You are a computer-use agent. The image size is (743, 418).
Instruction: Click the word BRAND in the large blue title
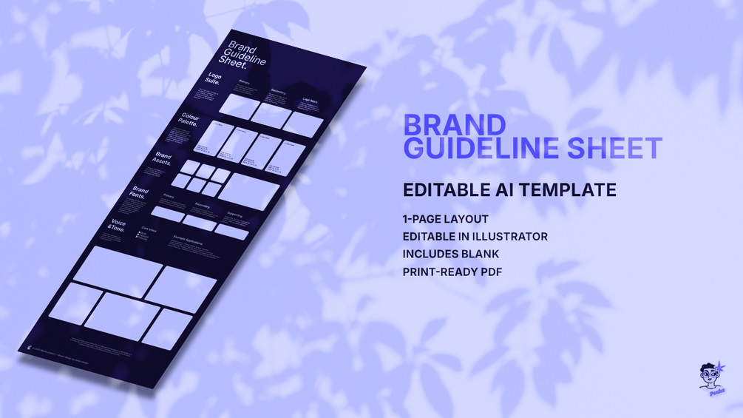point(454,124)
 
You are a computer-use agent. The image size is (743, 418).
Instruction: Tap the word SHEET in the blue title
point(614,148)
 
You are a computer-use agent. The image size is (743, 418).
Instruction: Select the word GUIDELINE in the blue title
point(481,148)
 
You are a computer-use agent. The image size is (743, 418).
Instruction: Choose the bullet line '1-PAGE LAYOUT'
point(445,219)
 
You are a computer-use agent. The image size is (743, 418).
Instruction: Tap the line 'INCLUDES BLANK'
point(450,254)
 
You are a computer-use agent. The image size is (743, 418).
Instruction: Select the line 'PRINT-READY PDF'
point(452,272)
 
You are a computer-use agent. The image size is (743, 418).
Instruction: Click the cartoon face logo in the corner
point(710,377)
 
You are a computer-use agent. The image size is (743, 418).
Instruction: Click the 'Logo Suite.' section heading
point(214,80)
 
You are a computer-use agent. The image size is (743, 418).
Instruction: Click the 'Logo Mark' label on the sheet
point(309,101)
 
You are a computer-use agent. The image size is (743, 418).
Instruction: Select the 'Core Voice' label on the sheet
point(149,230)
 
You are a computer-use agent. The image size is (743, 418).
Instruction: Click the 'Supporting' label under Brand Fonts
point(234,215)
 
